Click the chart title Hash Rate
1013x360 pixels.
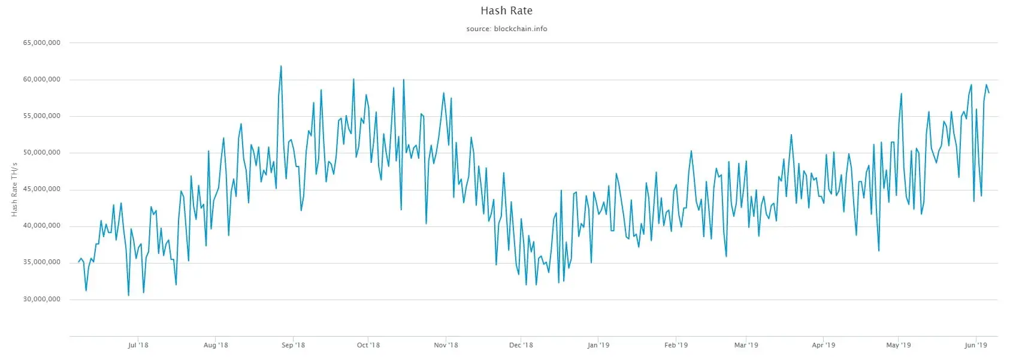tap(506, 11)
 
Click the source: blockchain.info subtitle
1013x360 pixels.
tap(506, 29)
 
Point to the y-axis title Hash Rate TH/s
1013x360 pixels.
tap(14, 189)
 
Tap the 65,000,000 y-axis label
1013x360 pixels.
tap(42, 43)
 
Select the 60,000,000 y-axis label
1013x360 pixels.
tap(42, 80)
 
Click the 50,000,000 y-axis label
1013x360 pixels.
tap(42, 153)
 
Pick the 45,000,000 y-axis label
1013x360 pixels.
tap(42, 189)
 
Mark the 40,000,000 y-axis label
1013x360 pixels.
tap(42, 226)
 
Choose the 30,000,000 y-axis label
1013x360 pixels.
tap(42, 299)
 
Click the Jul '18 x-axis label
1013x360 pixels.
tap(138, 345)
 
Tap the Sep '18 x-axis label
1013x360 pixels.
tap(293, 345)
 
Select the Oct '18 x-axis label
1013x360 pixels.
tap(368, 345)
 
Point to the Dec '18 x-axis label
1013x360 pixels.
tap(521, 345)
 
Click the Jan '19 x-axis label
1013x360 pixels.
tap(598, 345)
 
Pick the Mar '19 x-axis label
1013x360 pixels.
tap(746, 345)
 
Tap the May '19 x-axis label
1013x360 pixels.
tap(899, 345)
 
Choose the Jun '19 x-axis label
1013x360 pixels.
tap(976, 345)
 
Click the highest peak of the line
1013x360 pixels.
tap(281, 66)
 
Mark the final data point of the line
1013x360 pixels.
tap(989, 93)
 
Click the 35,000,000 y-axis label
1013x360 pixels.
tap(42, 262)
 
